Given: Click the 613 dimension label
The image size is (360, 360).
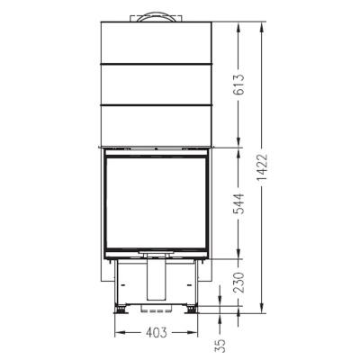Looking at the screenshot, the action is (238, 85).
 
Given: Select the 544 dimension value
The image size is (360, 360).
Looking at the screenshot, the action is (238, 203).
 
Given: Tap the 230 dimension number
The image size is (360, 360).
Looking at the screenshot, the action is (238, 283).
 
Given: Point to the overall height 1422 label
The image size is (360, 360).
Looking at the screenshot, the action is (262, 167).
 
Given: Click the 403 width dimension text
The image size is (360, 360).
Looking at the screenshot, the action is (156, 332).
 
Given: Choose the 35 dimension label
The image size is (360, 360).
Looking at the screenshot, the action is (220, 346).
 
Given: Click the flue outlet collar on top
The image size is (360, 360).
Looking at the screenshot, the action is (156, 17).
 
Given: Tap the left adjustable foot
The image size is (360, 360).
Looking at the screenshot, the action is (121, 310).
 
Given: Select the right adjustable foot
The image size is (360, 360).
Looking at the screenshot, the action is (191, 310).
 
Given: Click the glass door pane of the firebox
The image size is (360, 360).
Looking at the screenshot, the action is (156, 202).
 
